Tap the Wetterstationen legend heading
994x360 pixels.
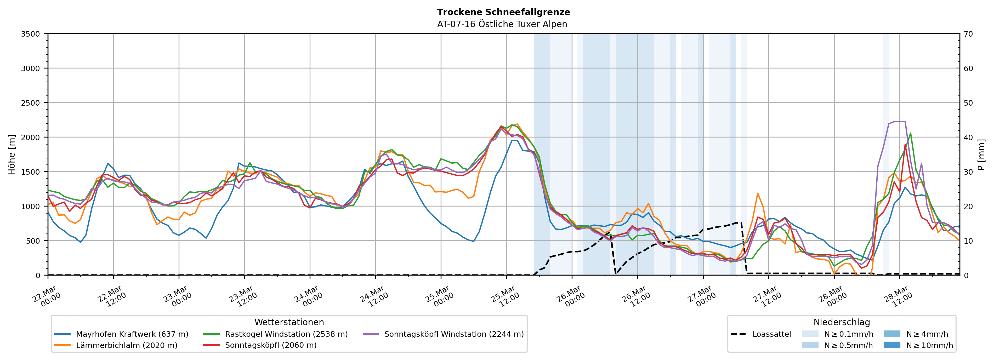pyautogui.click(x=289, y=322)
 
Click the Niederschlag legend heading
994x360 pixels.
pyautogui.click(x=842, y=322)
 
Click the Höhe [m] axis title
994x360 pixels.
pyautogui.click(x=12, y=154)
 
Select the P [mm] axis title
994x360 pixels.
pyautogui.click(x=981, y=154)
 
